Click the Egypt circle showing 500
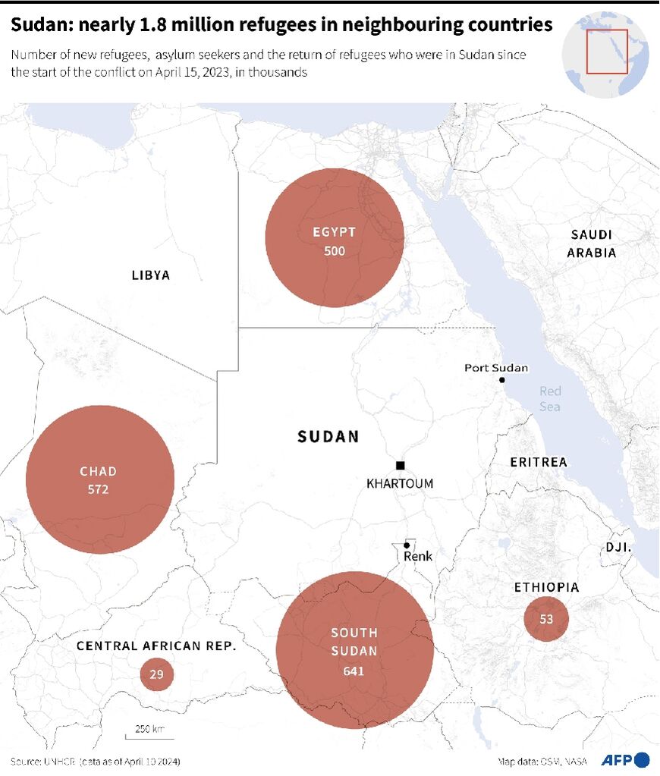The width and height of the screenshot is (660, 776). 335,237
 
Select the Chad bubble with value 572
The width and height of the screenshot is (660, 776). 99,479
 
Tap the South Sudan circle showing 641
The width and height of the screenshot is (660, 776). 354,650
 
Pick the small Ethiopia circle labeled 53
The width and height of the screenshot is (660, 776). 546,619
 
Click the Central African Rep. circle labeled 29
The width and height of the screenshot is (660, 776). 157,674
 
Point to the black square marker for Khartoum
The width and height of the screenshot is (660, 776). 400,465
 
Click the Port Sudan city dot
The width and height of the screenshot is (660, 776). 502,379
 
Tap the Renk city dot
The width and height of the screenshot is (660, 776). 407,545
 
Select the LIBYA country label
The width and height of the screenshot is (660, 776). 150,275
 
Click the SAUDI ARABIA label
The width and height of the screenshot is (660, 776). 592,244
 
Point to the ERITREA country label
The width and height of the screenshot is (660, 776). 538,462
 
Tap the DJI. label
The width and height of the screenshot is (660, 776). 619,547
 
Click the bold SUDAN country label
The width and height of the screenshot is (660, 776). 328,437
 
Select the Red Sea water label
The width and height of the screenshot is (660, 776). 550,399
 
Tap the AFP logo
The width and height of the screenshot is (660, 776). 625,760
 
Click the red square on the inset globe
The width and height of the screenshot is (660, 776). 606,52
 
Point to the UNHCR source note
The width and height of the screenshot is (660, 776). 96,761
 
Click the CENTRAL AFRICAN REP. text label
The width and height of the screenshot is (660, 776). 157,646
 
